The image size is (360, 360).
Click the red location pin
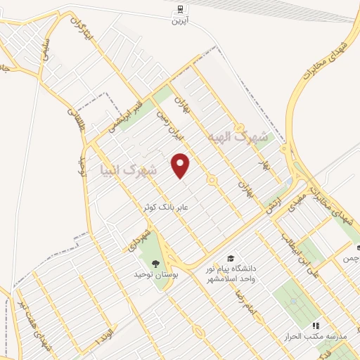pos(181,165)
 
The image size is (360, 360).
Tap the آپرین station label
pos(181,21)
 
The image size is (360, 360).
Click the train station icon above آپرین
pos(181,9)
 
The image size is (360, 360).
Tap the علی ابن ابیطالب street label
pos(300,249)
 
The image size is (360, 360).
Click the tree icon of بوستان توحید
pos(157,264)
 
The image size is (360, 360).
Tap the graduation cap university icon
pos(231,258)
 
